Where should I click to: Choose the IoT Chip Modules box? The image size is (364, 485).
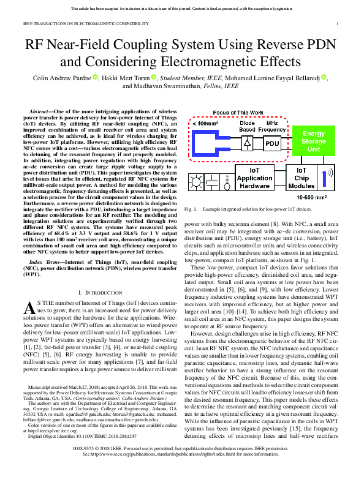point(301,178)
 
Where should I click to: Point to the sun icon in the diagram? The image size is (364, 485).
point(197,182)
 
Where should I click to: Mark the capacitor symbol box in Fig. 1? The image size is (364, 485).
point(212,182)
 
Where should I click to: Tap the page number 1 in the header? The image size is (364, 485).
point(338,24)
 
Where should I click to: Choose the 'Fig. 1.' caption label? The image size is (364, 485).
point(191,209)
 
